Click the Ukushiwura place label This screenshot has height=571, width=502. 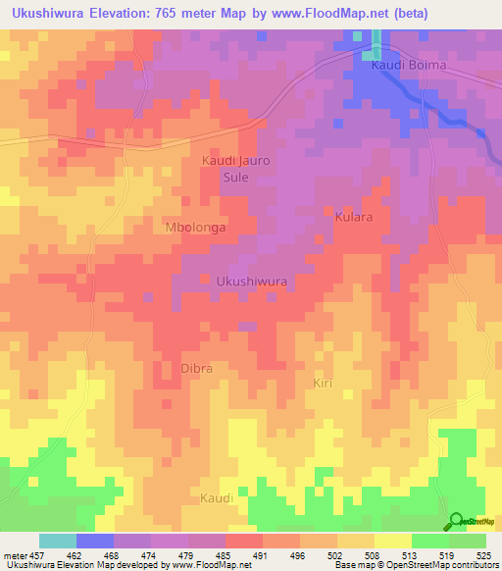[251, 281]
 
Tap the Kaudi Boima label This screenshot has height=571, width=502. [408, 65]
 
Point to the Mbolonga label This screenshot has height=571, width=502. [194, 227]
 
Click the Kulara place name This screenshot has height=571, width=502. [353, 216]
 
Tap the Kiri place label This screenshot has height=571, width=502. [323, 382]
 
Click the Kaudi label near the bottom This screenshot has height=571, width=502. [217, 498]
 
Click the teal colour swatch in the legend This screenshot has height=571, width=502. [58, 541]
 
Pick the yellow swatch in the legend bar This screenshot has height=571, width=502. [393, 541]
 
